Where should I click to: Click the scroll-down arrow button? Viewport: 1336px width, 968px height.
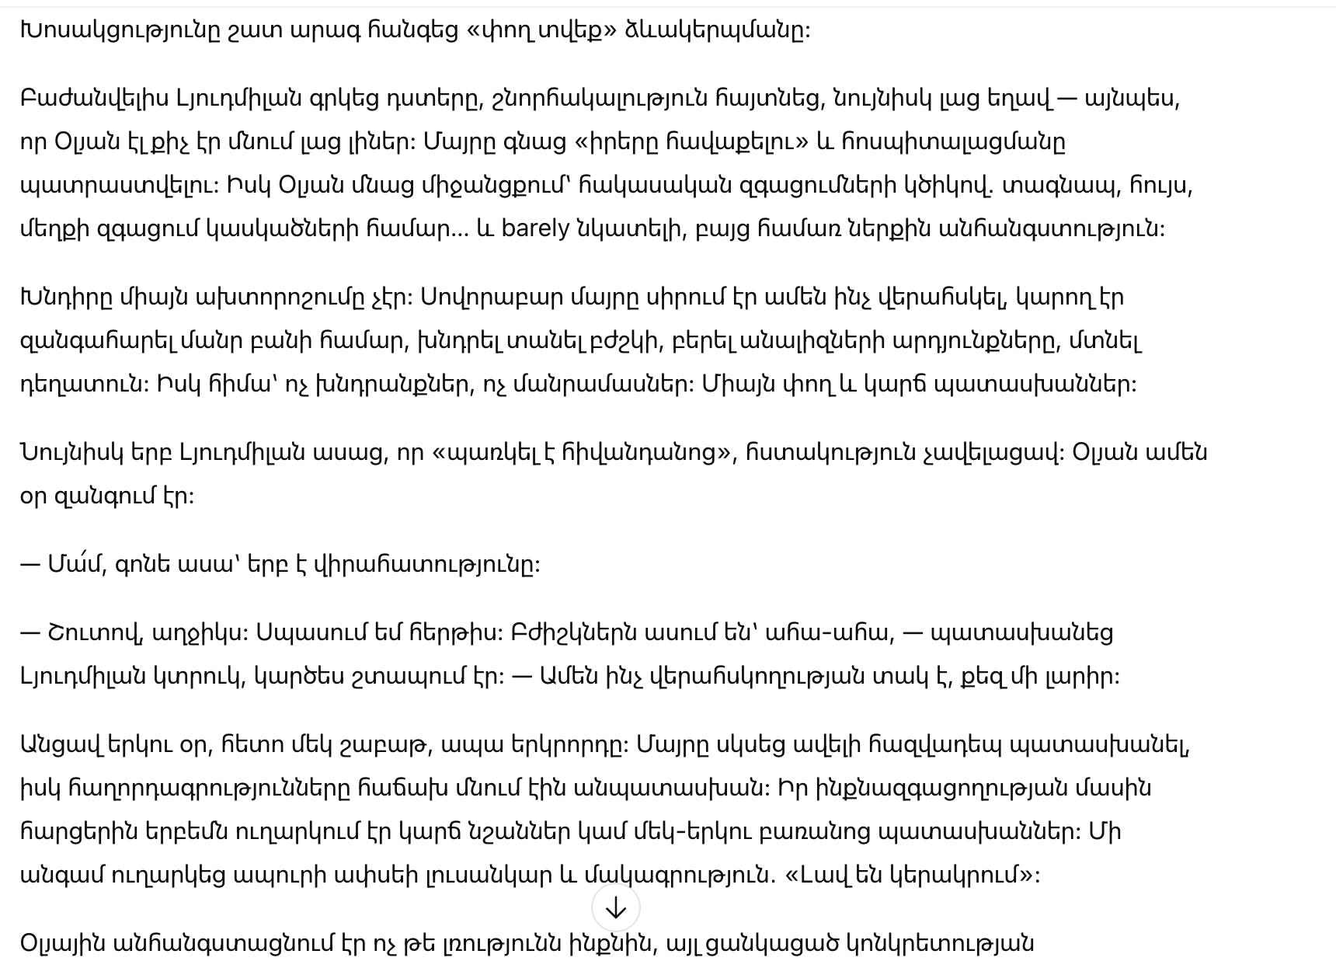click(615, 907)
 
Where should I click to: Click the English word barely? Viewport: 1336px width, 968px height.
click(535, 229)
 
